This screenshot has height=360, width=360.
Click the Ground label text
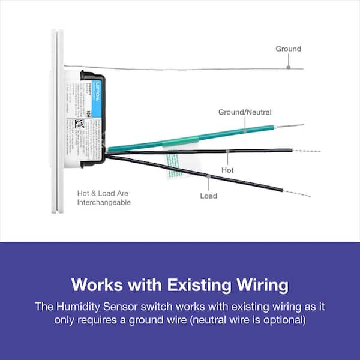(288, 49)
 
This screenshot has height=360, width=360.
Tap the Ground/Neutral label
(245, 112)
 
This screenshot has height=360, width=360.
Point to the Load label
(208, 196)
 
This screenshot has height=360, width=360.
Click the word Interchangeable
(104, 203)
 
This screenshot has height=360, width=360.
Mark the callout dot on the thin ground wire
(288, 68)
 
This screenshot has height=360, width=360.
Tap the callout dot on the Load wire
(208, 177)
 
